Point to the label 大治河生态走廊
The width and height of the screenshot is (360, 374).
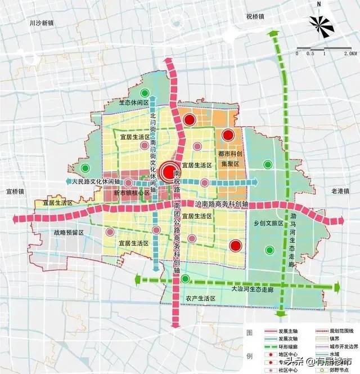pos(252,288)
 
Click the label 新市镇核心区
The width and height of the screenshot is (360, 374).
pos(132,193)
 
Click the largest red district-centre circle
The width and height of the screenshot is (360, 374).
pos(169,172)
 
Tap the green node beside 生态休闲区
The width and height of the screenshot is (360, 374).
pos(145,93)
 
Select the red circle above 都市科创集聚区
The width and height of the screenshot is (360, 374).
pos(228,135)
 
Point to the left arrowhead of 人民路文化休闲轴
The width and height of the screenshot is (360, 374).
pos(69,182)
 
